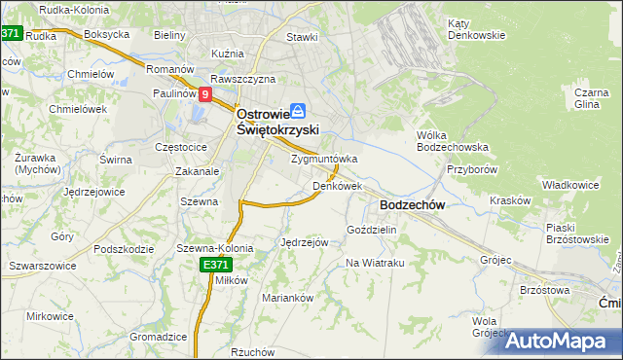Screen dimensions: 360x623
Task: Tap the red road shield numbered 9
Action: coord(205,95)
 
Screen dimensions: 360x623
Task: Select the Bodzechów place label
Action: coord(412,205)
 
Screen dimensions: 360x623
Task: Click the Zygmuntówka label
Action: coord(324,159)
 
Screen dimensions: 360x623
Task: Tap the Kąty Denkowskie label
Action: coord(476,29)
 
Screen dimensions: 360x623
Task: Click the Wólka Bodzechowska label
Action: coord(451,141)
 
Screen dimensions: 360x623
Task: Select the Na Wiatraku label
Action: coord(375,263)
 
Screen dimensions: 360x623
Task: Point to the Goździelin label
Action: coord(372,230)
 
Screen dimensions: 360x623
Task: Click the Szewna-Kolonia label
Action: coord(214,248)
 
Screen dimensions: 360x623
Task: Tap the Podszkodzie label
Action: coord(125,249)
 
